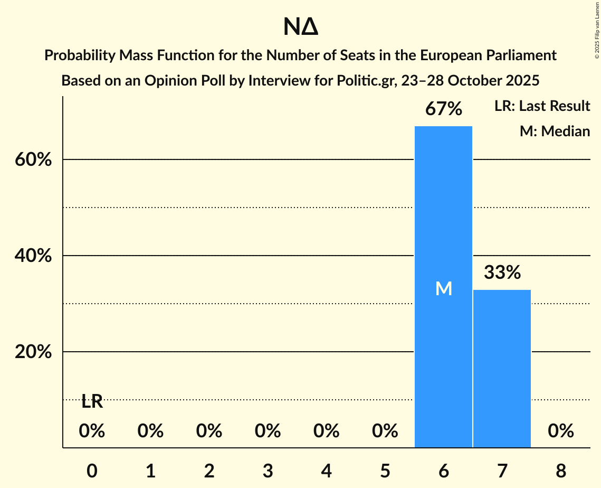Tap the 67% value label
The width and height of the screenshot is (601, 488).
pos(444,109)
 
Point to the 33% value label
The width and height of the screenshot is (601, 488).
pos(502,273)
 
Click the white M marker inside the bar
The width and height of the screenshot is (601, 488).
pos(444,288)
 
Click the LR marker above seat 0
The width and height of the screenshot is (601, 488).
pos(92,402)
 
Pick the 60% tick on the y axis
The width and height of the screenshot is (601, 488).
pos(33,159)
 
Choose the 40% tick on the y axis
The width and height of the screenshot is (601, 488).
pos(33,256)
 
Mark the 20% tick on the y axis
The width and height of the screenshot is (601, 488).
pos(33,352)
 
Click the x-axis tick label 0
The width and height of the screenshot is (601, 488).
pos(92,471)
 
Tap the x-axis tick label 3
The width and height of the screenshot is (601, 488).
pos(268,471)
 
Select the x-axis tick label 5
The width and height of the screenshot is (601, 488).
pos(385,471)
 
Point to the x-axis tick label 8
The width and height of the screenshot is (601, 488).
pos(560,471)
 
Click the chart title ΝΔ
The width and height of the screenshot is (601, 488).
pos(300,27)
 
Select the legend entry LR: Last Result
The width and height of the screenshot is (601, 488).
pos(542,106)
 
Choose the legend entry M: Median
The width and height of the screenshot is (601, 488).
pos(555,131)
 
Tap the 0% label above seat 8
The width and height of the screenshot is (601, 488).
pos(560,431)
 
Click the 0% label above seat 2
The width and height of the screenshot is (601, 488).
pos(209,431)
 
